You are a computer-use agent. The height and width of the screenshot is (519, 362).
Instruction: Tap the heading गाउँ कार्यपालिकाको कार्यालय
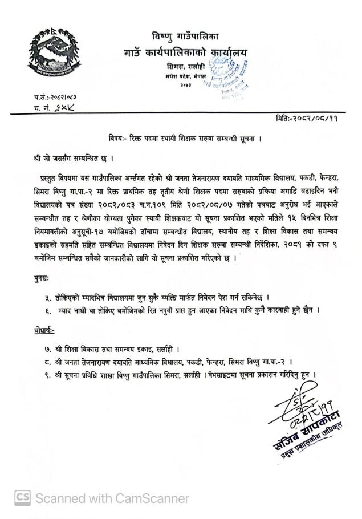point(194,54)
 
